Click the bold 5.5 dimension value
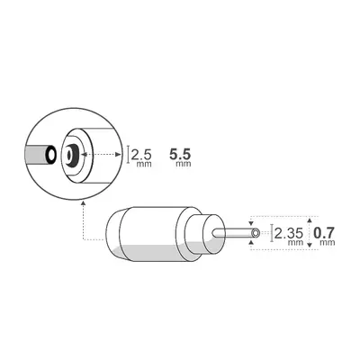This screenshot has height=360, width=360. (179, 154)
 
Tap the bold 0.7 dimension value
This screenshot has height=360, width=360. (325, 232)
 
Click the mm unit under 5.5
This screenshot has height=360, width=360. (184, 164)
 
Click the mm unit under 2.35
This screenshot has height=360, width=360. (293, 243)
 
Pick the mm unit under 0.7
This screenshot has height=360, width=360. (328, 243)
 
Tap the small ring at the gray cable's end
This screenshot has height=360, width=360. (51, 155)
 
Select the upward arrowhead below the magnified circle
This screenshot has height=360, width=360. (83, 204)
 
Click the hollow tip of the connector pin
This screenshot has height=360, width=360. (256, 232)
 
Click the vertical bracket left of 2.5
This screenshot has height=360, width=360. (130, 154)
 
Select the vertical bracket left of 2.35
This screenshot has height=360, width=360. (272, 232)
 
